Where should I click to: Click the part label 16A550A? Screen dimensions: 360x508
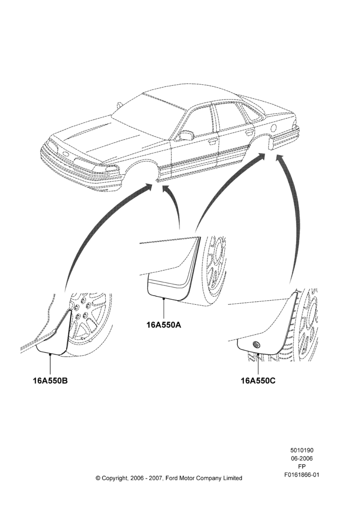pos(164,324)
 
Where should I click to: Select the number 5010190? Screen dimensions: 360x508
pos(302,450)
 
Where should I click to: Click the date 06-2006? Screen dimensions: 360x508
pos(302,458)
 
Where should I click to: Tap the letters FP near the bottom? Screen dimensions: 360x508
pos(302,466)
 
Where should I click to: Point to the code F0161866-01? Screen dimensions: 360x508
pos(302,475)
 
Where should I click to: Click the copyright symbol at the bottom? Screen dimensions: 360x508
pos(98,478)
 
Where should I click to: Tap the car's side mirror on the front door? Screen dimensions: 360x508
pos(186,135)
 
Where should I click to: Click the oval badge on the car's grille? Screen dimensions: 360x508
pos(65,154)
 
